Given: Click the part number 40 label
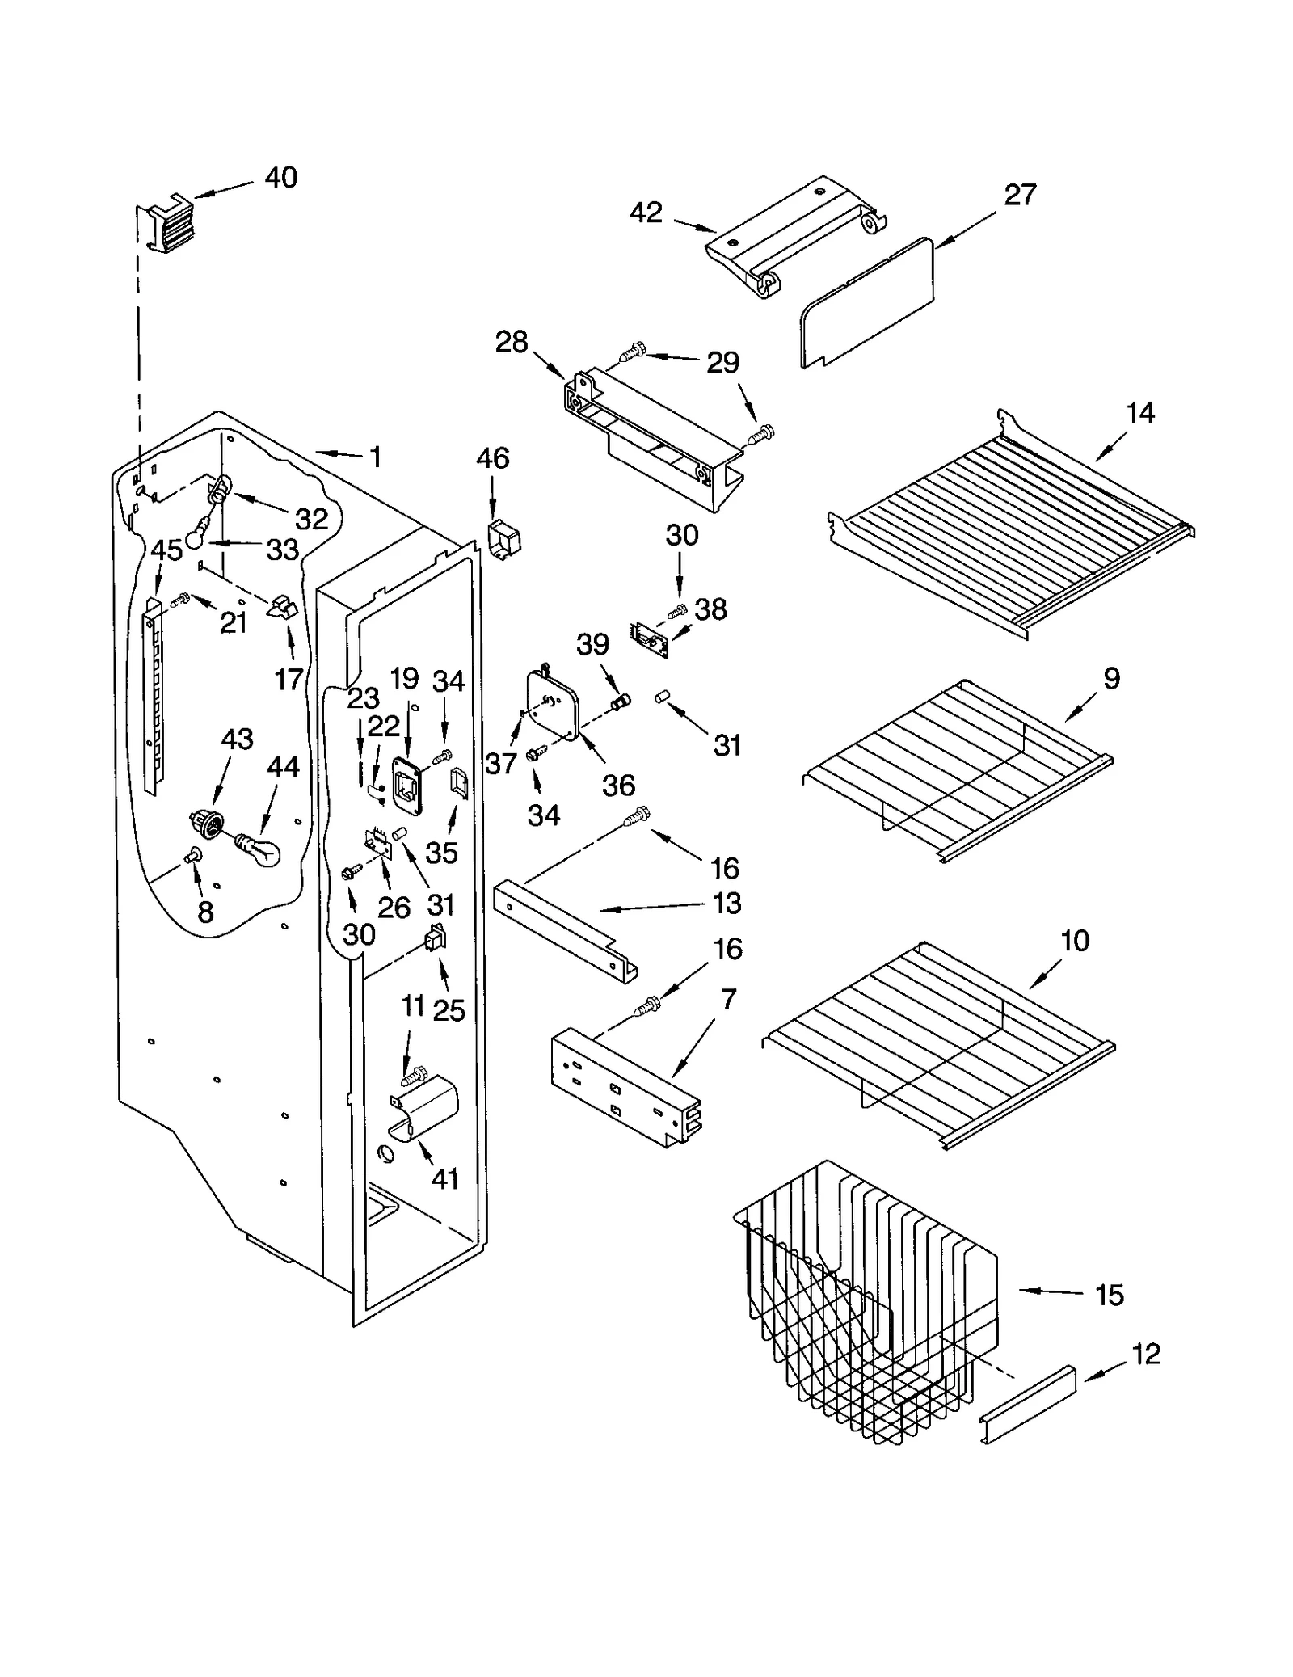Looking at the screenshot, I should (280, 178).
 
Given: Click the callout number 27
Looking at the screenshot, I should (1020, 195).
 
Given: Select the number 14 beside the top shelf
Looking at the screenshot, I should (1140, 413).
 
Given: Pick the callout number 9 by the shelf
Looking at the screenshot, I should (1111, 678).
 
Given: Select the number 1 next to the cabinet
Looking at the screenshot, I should (375, 457).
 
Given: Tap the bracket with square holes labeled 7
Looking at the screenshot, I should (625, 1087).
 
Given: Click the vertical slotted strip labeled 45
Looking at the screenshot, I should (152, 695).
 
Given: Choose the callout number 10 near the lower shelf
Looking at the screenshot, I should (1075, 941).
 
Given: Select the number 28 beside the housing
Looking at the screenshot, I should (512, 343).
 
